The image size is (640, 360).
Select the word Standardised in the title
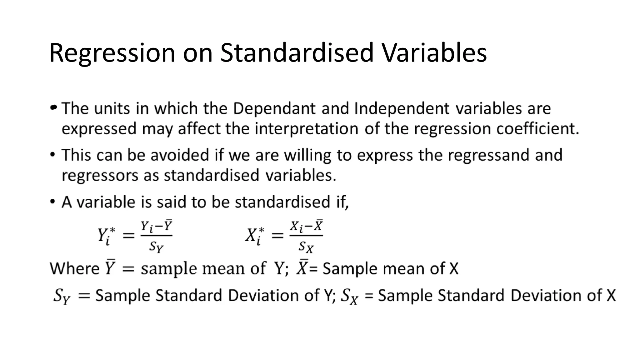(297, 52)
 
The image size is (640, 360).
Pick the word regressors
(100, 175)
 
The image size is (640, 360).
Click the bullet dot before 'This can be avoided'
(53, 154)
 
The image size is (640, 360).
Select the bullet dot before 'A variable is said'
(53, 201)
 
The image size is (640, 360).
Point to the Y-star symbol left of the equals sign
(106, 236)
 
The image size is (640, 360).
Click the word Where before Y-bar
(74, 268)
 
